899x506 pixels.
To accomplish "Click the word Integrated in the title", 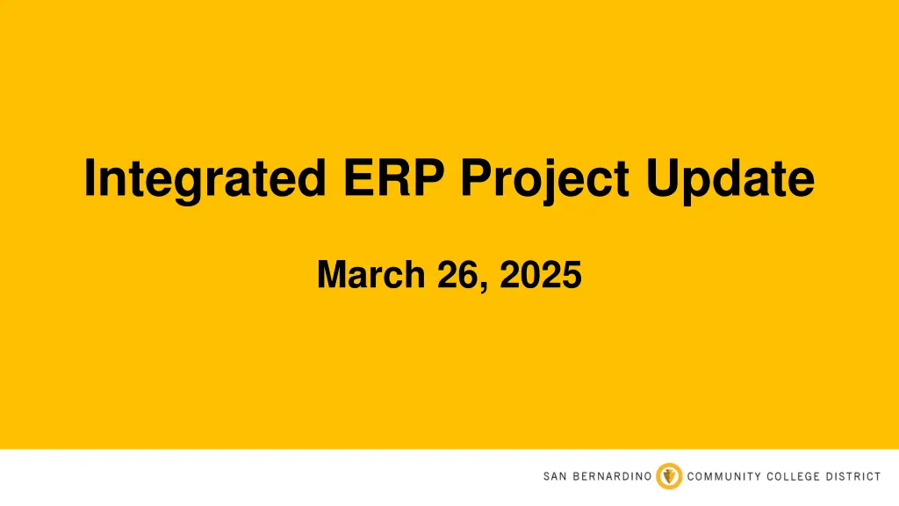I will click(201, 178).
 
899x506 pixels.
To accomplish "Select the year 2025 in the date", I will click(538, 275).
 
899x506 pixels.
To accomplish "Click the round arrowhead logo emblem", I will click(669, 476).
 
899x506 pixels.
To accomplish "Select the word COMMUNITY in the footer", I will click(724, 477).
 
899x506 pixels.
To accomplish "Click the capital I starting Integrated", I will click(90, 178).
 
